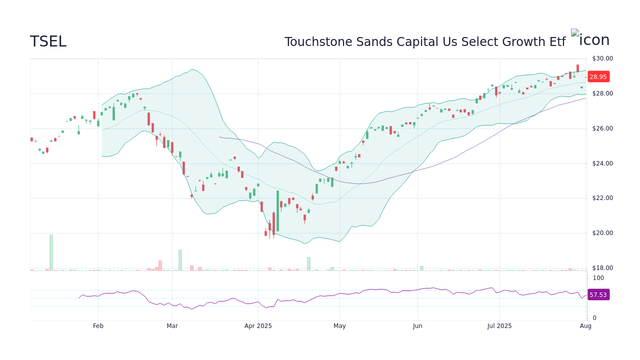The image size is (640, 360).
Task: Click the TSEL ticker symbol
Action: point(48,41)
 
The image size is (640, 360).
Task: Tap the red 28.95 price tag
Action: point(597,77)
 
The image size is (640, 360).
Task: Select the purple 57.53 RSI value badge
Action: point(597,295)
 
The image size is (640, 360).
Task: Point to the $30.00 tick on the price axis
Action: point(602,58)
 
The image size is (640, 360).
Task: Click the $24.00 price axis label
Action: point(602,163)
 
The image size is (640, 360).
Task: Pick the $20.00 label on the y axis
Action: point(602,233)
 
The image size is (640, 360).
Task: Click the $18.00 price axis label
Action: point(602,268)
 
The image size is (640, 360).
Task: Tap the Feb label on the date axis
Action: point(98,326)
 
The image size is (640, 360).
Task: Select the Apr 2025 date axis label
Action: point(258,326)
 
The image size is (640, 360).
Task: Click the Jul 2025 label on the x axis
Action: point(499,326)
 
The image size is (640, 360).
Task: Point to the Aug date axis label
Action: point(585,326)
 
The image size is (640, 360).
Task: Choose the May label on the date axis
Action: point(339,326)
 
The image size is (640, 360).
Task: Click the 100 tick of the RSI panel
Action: point(598,278)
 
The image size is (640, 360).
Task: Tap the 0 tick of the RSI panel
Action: point(594,318)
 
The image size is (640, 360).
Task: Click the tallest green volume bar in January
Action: point(51,252)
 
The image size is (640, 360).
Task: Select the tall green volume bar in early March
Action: point(180,260)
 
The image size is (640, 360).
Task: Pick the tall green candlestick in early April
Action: point(277,210)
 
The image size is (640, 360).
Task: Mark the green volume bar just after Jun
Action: point(421,268)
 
